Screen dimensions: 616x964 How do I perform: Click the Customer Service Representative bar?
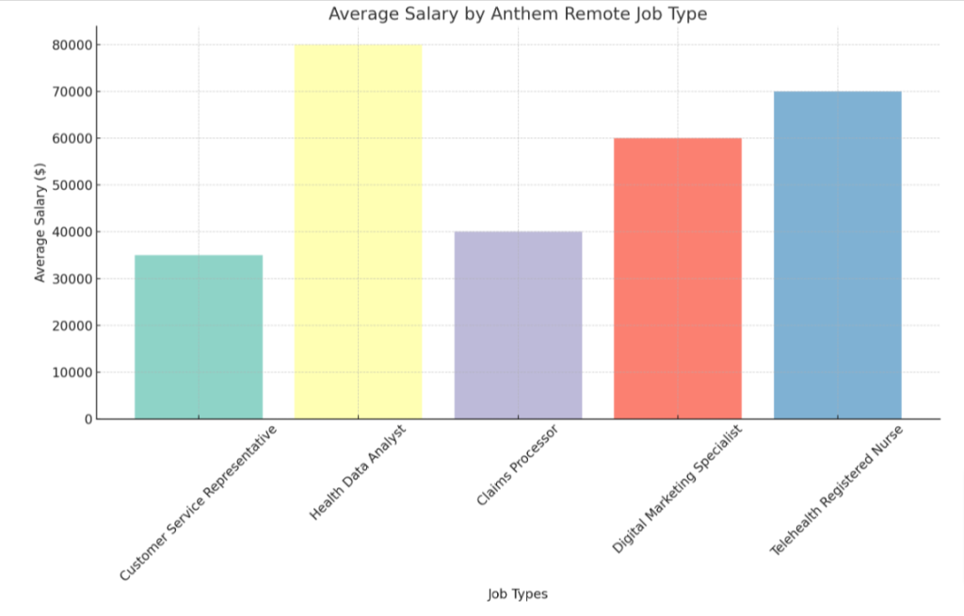199,337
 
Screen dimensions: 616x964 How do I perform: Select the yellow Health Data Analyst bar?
358,231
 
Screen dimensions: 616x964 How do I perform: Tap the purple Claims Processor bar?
518,324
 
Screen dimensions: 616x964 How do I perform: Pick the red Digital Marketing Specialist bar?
678,278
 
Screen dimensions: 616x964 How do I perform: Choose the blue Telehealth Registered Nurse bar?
837,255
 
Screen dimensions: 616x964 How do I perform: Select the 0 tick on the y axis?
87,419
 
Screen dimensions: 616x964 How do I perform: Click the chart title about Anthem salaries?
517,14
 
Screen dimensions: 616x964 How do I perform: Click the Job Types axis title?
517,594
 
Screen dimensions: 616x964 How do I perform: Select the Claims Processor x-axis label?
517,466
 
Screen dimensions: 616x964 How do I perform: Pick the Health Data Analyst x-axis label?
357,473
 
